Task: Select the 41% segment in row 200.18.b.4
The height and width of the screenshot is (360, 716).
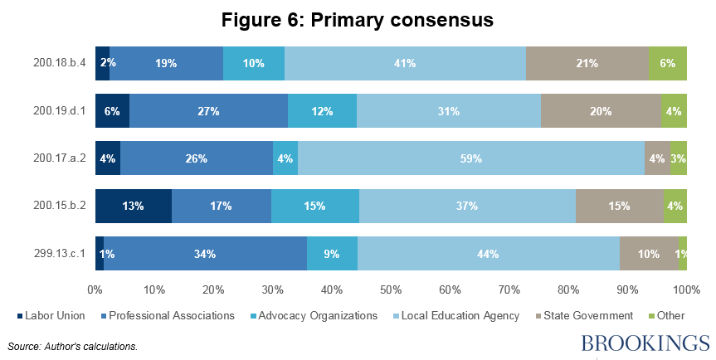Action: coord(405,63)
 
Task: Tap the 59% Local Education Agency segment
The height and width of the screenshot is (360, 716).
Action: coord(471,158)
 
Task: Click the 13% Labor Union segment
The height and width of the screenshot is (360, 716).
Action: coord(134,207)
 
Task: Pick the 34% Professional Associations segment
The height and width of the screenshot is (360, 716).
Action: coord(205,254)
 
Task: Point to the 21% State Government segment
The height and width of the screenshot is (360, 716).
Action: coord(587,63)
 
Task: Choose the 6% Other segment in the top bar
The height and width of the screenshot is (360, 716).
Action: coord(668,63)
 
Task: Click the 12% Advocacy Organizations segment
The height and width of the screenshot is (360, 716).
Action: coord(322,111)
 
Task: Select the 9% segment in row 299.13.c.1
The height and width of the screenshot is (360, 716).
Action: coord(332,254)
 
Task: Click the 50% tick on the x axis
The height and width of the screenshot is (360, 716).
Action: coord(391,289)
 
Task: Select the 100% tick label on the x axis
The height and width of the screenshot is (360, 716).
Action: coord(685,289)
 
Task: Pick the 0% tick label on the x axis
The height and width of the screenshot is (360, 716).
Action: coord(95,289)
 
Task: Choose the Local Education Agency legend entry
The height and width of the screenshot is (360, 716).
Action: coord(469,315)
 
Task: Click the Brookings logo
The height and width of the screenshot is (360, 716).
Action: coord(645,343)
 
